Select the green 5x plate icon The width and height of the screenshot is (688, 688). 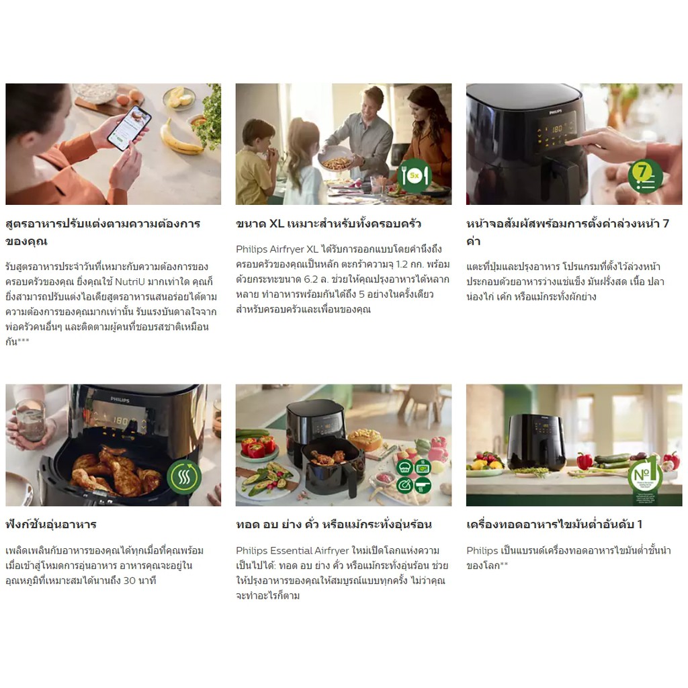pos(414,176)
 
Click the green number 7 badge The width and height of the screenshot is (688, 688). pos(645,177)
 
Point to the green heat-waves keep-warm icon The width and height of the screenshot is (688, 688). pos(184,476)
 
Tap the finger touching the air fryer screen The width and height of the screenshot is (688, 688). pos(575,141)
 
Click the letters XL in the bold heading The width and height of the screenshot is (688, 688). pos(276,224)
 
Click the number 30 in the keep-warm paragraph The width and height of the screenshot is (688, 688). pos(130,580)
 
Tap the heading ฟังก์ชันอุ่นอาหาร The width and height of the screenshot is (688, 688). pos(51,524)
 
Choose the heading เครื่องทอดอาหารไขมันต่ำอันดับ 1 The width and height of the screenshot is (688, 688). pos(554,524)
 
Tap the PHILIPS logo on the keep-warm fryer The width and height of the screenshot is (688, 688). pos(120,400)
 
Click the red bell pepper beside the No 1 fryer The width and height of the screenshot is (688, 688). pos(584,461)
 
